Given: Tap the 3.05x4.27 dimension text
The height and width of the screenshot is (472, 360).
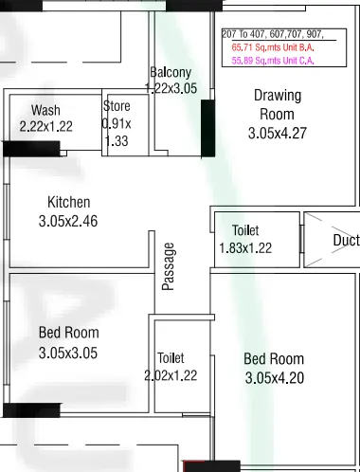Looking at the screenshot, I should (277, 134).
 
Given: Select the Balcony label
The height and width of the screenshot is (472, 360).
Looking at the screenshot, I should (171, 73).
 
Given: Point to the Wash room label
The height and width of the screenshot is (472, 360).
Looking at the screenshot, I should (45, 111).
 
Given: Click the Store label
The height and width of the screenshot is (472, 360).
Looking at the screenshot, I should (117, 106).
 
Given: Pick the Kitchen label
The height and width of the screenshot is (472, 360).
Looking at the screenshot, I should (69, 202).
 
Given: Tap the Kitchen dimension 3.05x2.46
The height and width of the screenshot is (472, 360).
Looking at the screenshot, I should (69, 221).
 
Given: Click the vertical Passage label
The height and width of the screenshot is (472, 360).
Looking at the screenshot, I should (169, 266).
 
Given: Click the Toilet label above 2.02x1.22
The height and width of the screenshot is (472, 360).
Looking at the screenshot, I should (171, 358).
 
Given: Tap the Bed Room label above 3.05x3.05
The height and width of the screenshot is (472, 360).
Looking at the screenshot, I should (68, 333).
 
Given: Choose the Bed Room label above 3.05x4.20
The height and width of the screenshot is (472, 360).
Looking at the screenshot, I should (274, 359).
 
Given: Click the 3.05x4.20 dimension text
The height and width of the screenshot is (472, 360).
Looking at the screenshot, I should (274, 378).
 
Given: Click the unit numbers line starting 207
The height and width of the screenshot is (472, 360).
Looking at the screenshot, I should (273, 34).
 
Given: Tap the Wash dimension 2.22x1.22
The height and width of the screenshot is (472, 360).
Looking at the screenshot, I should (45, 126).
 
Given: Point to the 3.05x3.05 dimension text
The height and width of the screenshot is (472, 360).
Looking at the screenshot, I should (68, 353).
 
